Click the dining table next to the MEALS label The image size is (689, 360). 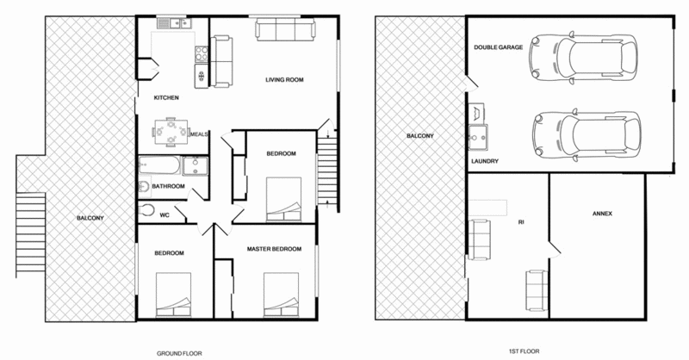(x=169, y=132)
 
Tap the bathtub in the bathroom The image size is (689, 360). (x=160, y=163)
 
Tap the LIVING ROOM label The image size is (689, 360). (x=284, y=80)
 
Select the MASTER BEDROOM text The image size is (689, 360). (x=273, y=250)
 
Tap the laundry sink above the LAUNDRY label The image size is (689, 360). (x=478, y=134)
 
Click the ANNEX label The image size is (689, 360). (x=602, y=213)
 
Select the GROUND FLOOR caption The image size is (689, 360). (x=178, y=353)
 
